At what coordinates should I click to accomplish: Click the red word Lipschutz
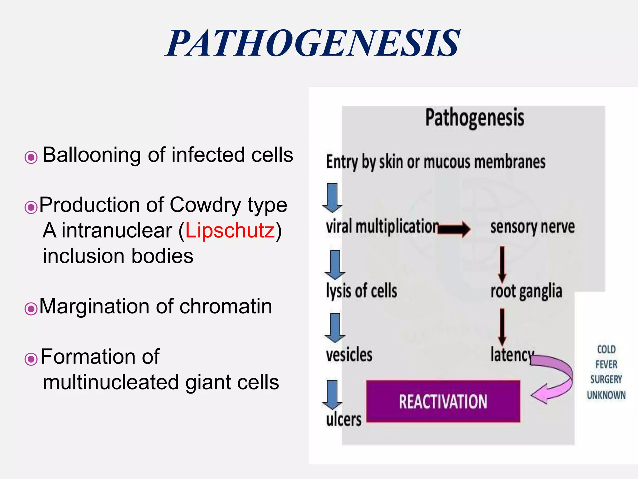click(x=230, y=230)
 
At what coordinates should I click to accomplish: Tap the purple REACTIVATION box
click(x=443, y=401)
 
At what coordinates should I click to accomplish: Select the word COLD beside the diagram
click(x=606, y=349)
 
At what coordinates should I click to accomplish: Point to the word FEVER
click(x=606, y=364)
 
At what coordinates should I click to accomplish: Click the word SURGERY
click(x=606, y=380)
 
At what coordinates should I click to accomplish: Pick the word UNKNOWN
click(x=606, y=395)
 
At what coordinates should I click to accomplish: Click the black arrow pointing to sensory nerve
click(x=454, y=229)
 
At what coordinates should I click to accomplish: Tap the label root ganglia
click(x=526, y=291)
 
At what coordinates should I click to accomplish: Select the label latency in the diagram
click(x=512, y=355)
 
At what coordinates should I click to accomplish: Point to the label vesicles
click(x=349, y=355)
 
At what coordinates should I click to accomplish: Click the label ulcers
click(x=344, y=419)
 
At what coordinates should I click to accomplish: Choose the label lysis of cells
click(x=361, y=291)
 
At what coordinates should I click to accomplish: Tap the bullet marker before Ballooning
click(x=31, y=157)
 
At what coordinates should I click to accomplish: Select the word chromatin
click(x=226, y=306)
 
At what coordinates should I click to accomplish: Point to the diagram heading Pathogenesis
click(x=474, y=118)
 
